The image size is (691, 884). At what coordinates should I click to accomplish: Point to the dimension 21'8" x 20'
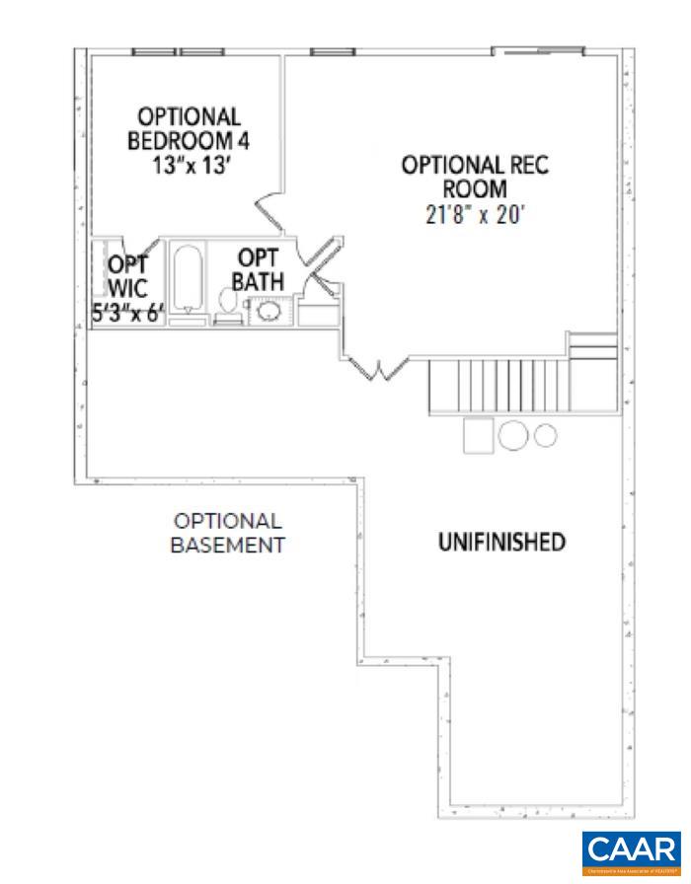point(473,214)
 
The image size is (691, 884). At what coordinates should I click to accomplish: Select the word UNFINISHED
point(501,542)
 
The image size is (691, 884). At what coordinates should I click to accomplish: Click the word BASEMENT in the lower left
point(228,545)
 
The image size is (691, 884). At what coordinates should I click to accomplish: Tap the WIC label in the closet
point(127,290)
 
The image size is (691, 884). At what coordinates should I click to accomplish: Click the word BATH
point(258,281)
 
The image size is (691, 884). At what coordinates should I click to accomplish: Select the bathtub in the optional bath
point(188,280)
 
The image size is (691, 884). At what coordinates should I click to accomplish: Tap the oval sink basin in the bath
point(269,313)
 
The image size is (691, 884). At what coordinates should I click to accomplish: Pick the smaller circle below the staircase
point(546,434)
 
